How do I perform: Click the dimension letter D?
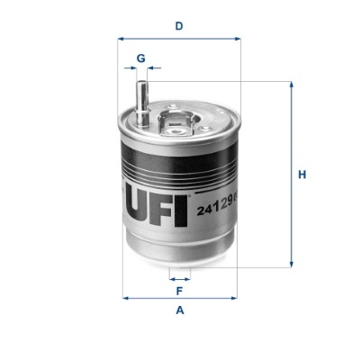(179, 25)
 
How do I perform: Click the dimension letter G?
(140, 58)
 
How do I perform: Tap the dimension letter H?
(302, 174)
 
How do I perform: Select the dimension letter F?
(179, 291)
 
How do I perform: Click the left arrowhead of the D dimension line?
(121, 39)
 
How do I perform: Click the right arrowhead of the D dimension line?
(238, 39)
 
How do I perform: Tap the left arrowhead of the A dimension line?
(125, 297)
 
